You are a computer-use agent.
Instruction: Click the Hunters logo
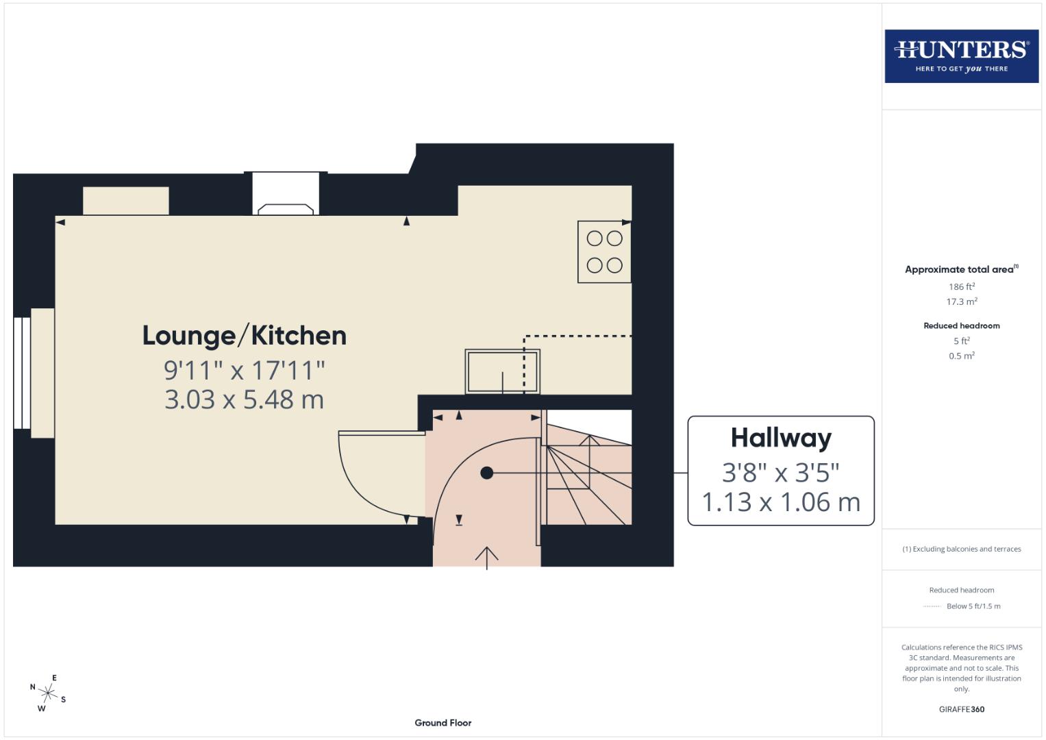pos(961,56)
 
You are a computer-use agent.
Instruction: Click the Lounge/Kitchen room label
pos(244,336)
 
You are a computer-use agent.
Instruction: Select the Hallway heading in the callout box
pos(781,438)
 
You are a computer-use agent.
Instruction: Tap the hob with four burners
pos(604,251)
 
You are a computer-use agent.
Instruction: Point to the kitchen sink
pos(502,371)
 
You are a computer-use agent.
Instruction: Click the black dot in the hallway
pos(486,473)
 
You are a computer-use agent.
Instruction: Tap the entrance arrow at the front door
pos(486,556)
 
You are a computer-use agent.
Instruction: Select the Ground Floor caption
pos(443,723)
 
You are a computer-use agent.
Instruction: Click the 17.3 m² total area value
pos(961,301)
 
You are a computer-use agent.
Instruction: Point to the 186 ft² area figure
pos(961,286)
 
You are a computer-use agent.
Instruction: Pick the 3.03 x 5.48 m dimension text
pos(244,399)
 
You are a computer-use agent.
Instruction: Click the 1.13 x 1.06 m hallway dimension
pos(781,502)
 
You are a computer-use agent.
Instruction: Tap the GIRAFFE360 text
pos(961,709)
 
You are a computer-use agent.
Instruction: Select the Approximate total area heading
pos(961,269)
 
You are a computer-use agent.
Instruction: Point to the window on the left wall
pos(21,372)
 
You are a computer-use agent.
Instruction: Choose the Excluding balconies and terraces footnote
pos(961,549)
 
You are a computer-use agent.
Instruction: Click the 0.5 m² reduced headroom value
pos(961,356)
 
